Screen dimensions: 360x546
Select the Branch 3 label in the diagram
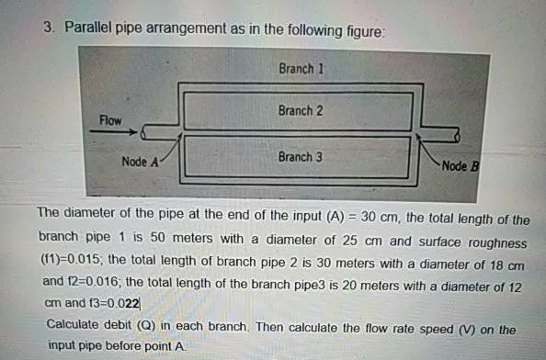click(300, 157)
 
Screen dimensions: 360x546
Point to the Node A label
click(141, 163)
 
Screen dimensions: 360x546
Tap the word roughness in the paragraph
click(495, 242)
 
